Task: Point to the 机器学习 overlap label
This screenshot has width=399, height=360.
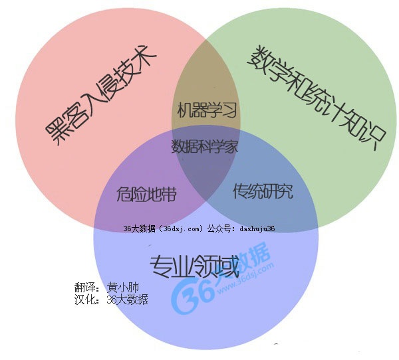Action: tap(207, 110)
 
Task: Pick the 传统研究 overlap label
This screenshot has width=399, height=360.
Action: tap(263, 193)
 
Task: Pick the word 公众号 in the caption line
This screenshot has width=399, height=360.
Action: tap(219, 228)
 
